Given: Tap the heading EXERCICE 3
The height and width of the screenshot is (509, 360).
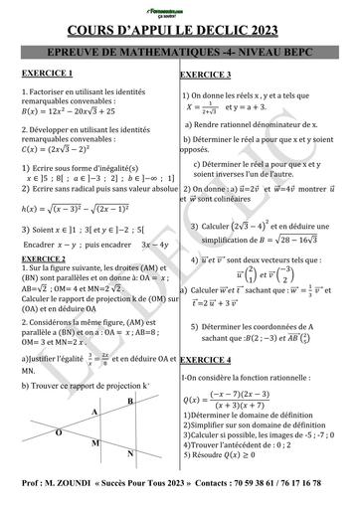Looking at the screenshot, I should [x=207, y=75].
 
